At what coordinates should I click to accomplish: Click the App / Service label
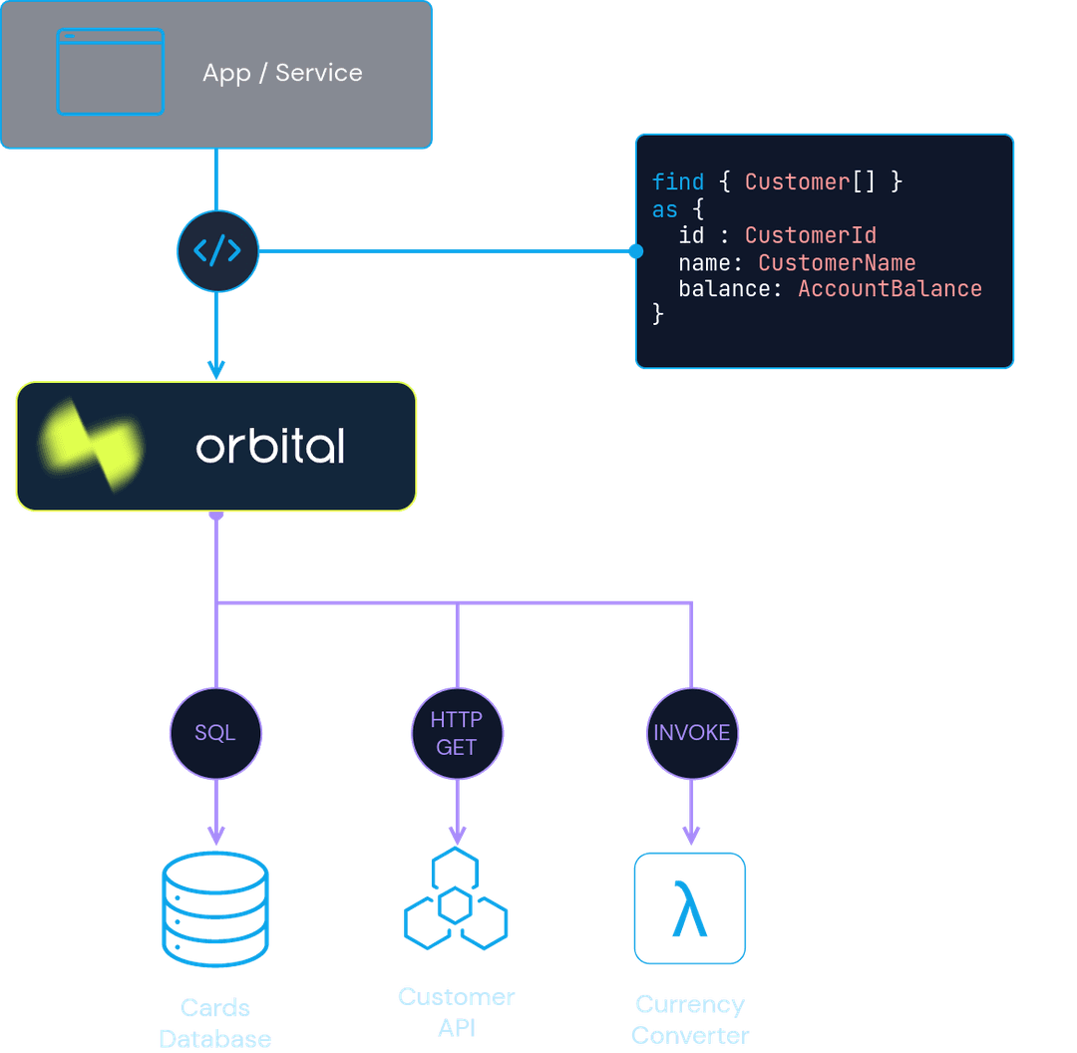pyautogui.click(x=282, y=73)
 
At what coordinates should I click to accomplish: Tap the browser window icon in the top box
pyautogui.click(x=111, y=72)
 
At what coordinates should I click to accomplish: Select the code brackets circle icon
pyautogui.click(x=217, y=250)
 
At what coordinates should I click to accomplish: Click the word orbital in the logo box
pyautogui.click(x=270, y=447)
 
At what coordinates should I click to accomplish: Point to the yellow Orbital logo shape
pyautogui.click(x=90, y=446)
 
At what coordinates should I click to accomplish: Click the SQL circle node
pyautogui.click(x=215, y=733)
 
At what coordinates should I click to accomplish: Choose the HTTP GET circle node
pyautogui.click(x=457, y=733)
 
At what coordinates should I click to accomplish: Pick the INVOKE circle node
pyautogui.click(x=691, y=733)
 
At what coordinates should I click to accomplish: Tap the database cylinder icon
pyautogui.click(x=215, y=909)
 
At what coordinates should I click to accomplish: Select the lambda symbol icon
pyautogui.click(x=690, y=907)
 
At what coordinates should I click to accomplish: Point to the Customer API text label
pyautogui.click(x=456, y=1011)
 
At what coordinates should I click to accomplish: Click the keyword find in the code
pyautogui.click(x=678, y=181)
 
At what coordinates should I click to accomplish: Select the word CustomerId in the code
pyautogui.click(x=811, y=235)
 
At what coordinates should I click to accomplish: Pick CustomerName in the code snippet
pyautogui.click(x=837, y=262)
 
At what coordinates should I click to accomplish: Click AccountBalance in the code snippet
pyautogui.click(x=890, y=289)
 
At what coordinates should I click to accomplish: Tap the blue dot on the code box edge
pyautogui.click(x=635, y=251)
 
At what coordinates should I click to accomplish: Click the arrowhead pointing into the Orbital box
pyautogui.click(x=216, y=369)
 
